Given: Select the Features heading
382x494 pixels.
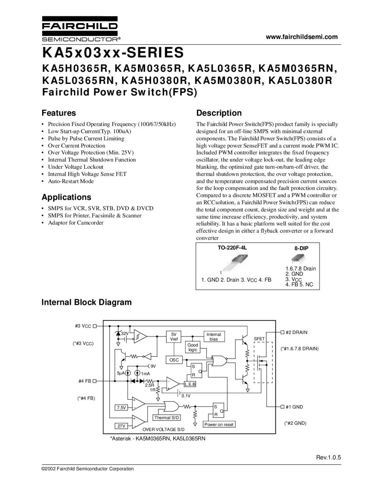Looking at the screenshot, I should (59, 113).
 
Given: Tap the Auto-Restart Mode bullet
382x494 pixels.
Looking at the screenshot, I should (71, 181).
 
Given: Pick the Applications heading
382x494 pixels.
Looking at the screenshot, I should (66, 197).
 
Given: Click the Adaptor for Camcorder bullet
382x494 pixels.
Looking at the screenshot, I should (75, 222).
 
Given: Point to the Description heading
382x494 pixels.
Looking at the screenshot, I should (219, 113).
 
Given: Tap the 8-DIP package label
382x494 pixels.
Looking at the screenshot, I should (301, 248).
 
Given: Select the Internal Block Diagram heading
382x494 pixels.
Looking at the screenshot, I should (86, 302).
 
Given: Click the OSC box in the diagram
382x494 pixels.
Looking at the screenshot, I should (174, 360).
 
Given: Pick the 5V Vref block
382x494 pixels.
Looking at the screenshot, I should (174, 337).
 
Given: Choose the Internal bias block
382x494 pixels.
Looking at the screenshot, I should (214, 337).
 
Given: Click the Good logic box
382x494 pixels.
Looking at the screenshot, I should (193, 347).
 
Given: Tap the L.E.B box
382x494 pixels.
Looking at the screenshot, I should (190, 384).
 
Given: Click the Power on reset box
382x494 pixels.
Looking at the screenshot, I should (219, 424).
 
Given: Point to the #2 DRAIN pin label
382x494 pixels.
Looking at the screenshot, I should (296, 332).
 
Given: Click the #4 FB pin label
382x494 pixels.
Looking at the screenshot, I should (85, 381).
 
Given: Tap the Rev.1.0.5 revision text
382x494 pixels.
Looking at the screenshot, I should (329, 457).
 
